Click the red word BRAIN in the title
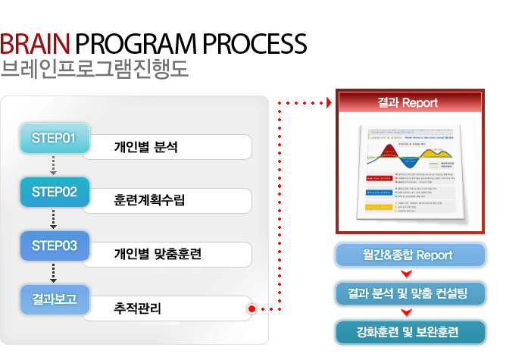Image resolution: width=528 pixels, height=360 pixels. [36, 43]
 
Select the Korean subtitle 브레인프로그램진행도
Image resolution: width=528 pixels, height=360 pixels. [94, 70]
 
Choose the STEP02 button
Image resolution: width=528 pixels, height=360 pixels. [55, 192]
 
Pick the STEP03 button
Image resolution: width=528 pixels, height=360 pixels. [55, 246]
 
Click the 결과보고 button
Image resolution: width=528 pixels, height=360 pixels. [55, 299]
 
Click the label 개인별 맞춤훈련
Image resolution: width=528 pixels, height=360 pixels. [158, 255]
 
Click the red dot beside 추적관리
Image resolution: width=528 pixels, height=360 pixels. [251, 308]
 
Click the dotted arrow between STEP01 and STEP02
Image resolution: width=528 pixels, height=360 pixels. [54, 165]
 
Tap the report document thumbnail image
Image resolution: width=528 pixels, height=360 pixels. [409, 171]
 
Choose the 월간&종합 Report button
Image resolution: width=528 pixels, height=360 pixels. [409, 255]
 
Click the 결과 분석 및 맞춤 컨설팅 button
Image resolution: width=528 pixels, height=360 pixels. [409, 293]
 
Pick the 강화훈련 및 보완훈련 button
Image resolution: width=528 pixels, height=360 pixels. [409, 331]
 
